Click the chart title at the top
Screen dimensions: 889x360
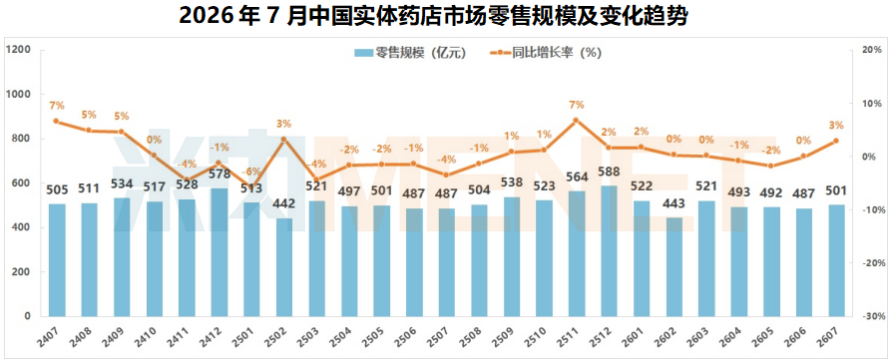pos(434,16)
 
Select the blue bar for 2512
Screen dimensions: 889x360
pos(610,251)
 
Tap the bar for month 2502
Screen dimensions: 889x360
pos(284,267)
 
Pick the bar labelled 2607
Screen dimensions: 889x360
pos(837,261)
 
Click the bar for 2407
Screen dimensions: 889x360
pos(57,260)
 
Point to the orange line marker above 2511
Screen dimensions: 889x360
pos(576,121)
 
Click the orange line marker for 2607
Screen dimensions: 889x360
pos(836,142)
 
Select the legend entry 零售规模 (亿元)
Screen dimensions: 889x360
pos(410,53)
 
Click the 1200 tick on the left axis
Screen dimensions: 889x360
pos(18,50)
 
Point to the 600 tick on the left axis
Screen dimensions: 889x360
pos(22,183)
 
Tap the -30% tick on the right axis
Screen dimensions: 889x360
pos(871,316)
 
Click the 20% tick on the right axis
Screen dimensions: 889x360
pos(871,50)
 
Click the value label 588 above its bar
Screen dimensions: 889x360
pos(610,172)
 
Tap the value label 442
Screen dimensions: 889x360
pos(284,204)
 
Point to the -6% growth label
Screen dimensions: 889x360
pos(250,172)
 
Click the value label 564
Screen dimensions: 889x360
pos(578,178)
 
